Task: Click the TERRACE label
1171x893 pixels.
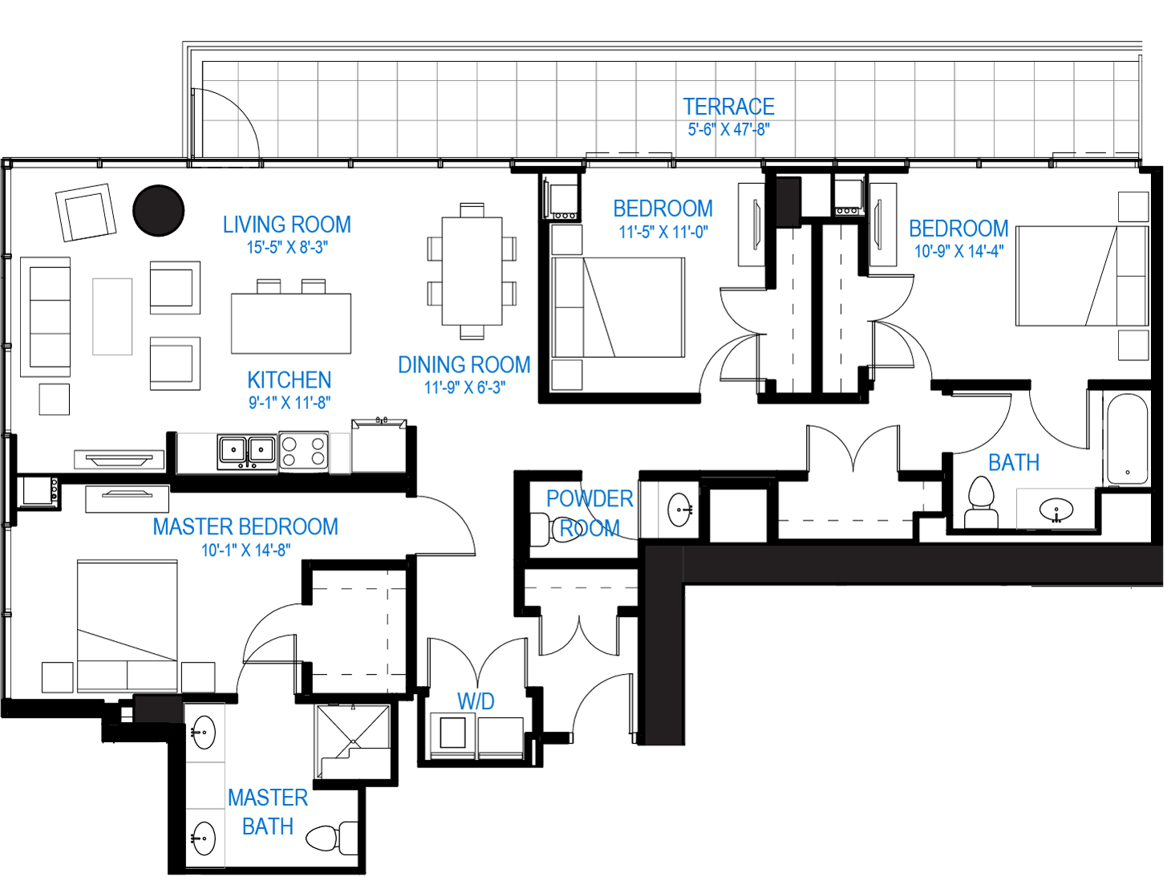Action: [x=728, y=107]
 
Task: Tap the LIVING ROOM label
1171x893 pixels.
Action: [x=287, y=225]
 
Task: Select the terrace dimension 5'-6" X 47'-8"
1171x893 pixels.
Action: [x=728, y=130]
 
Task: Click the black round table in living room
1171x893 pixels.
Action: [x=159, y=210]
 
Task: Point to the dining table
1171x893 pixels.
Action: [x=472, y=271]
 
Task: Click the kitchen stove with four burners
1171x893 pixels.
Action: [x=303, y=452]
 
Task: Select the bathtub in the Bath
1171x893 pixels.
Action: [x=1127, y=439]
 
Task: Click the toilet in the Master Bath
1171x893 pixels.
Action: [x=331, y=837]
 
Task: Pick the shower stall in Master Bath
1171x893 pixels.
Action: [x=354, y=741]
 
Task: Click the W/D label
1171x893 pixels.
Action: [x=476, y=701]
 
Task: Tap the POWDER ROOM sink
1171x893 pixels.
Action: [x=679, y=509]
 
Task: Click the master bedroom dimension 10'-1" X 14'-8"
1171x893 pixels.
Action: [x=246, y=550]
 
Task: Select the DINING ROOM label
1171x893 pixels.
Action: [x=464, y=365]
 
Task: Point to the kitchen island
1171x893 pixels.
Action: [x=291, y=323]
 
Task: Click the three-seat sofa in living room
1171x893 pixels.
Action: [x=46, y=318]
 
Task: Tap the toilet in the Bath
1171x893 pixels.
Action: [x=981, y=502]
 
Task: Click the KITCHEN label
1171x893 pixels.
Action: [x=290, y=380]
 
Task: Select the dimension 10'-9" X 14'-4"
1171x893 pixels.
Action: [x=958, y=251]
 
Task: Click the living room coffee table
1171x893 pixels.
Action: [x=112, y=316]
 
